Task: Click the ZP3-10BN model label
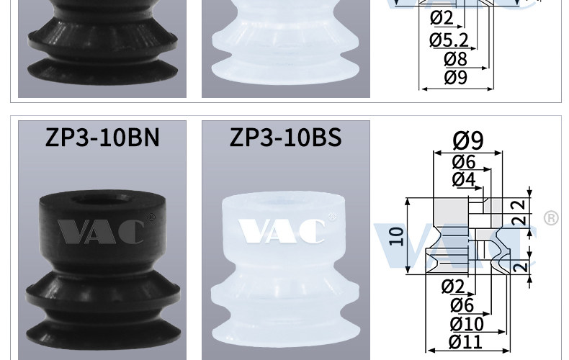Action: click(x=102, y=138)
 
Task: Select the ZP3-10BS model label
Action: click(x=286, y=138)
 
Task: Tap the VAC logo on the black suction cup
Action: click(x=101, y=231)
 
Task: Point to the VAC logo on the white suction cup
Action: click(x=282, y=231)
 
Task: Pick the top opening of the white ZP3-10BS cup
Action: click(x=283, y=202)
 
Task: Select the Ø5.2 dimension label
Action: click(x=449, y=40)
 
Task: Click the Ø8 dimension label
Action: click(x=455, y=59)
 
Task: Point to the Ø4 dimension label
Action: click(x=463, y=179)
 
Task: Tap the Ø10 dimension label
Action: click(x=467, y=324)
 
